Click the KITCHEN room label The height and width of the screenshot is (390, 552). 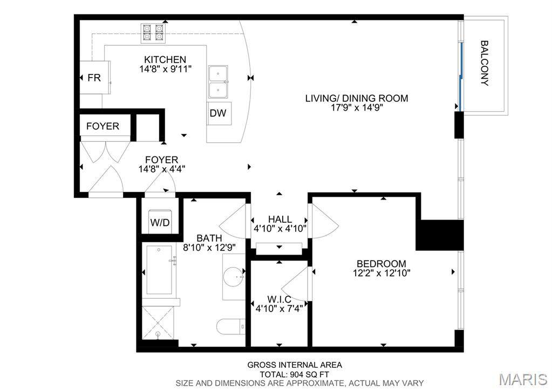click(165, 59)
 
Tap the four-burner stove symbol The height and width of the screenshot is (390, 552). click(153, 33)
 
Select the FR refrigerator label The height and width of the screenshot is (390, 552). click(94, 78)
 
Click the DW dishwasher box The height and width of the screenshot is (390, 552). click(219, 113)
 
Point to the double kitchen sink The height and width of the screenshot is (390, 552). click(218, 81)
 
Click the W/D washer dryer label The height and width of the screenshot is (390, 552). click(160, 222)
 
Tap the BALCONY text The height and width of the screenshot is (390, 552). click(485, 63)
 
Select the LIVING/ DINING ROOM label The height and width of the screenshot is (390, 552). click(357, 98)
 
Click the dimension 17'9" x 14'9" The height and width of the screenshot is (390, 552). click(357, 108)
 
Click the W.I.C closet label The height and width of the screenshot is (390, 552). click(279, 299)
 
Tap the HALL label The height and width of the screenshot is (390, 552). click(280, 220)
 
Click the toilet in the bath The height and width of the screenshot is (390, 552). click(231, 327)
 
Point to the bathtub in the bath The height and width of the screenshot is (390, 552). click(160, 270)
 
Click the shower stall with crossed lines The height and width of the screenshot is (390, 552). click(158, 323)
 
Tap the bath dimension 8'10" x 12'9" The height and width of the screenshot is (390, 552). click(209, 248)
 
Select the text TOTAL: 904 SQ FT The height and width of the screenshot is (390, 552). click(294, 374)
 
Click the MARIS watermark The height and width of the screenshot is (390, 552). click(523, 379)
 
